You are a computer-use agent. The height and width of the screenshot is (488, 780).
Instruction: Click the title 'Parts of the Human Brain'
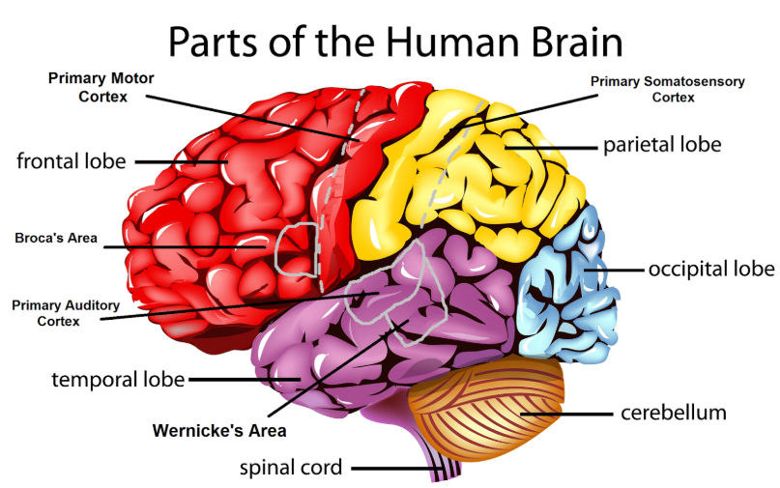pyautogui.click(x=395, y=42)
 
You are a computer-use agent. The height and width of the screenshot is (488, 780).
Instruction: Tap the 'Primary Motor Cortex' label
pyautogui.click(x=101, y=87)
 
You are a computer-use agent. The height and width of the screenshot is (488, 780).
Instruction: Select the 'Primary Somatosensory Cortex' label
pyautogui.click(x=668, y=89)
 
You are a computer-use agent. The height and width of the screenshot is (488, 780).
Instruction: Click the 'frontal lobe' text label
pyautogui.click(x=72, y=161)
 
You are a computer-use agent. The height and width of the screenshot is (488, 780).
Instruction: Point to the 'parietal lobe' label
pyautogui.click(x=662, y=145)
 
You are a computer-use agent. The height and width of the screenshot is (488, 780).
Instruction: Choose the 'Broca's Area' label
pyautogui.click(x=56, y=238)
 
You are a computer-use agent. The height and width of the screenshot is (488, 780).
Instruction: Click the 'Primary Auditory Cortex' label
pyautogui.click(x=66, y=313)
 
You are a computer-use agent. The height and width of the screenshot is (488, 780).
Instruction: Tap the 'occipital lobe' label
pyautogui.click(x=711, y=269)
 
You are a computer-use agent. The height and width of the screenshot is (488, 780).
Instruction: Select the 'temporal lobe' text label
pyautogui.click(x=118, y=380)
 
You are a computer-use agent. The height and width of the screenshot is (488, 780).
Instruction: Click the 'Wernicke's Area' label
pyautogui.click(x=219, y=430)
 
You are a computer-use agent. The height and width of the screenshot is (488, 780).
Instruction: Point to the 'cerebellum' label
pyautogui.click(x=674, y=413)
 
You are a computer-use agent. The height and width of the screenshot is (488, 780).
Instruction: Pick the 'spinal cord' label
pyautogui.click(x=291, y=468)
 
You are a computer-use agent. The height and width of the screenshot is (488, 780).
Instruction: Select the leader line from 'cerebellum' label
pyautogui.click(x=566, y=414)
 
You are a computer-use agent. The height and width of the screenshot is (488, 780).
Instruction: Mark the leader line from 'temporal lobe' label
pyautogui.click(x=245, y=380)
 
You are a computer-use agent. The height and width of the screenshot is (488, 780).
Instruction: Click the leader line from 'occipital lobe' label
pyautogui.click(x=614, y=270)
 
